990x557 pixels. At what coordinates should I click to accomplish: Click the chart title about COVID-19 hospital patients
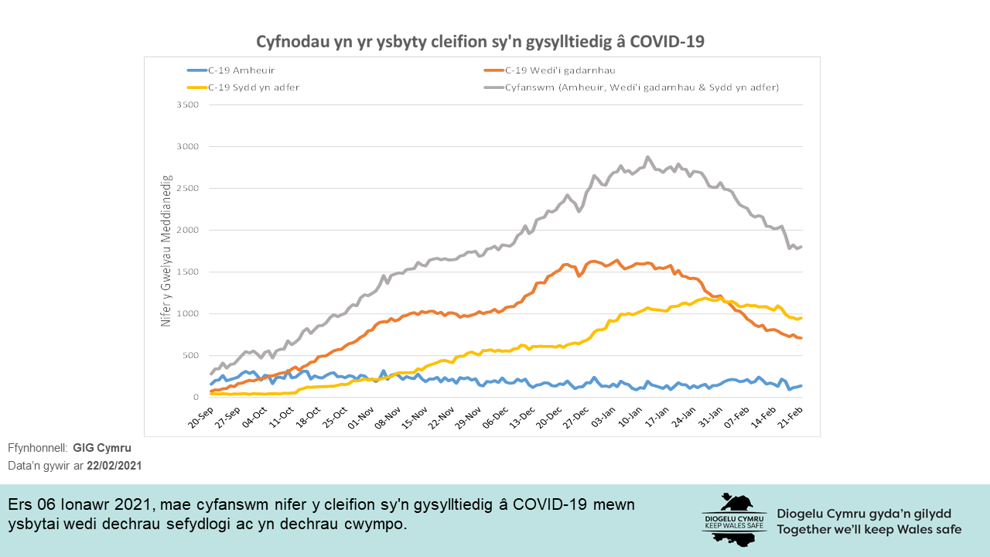pos(480,41)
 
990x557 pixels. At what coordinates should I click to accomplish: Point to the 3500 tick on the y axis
pos(189,104)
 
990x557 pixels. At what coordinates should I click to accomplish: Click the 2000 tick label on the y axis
pos(189,230)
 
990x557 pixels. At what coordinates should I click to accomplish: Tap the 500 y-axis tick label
pos(191,355)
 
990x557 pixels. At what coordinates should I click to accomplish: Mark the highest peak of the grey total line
pos(647,157)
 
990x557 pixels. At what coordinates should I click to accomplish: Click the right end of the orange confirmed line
pos(801,338)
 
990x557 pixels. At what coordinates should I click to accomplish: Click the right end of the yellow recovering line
pos(801,318)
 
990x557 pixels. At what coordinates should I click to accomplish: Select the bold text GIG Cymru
pos(102,449)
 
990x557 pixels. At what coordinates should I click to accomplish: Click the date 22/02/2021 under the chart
pos(114,466)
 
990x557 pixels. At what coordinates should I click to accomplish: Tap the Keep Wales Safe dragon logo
pos(734,519)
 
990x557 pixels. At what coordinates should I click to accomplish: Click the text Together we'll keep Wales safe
pos(869,530)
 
